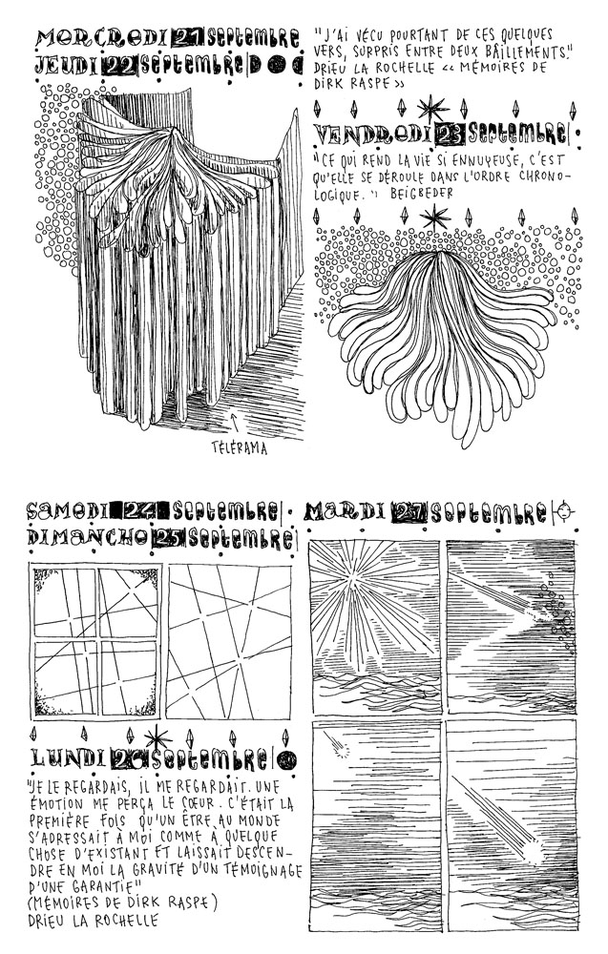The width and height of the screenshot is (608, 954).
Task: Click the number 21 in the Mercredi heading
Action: click(188, 38)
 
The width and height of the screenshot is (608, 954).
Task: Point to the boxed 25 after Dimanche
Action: click(168, 539)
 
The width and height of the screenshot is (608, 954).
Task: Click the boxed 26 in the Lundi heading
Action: click(128, 758)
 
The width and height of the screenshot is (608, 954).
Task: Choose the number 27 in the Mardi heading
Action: click(410, 512)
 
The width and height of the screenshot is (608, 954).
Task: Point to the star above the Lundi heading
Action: click(156, 736)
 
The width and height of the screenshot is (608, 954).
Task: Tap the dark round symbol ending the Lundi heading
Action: click(290, 759)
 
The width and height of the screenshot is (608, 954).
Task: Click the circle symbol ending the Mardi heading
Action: click(569, 512)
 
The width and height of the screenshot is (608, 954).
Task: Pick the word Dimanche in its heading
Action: click(86, 539)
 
